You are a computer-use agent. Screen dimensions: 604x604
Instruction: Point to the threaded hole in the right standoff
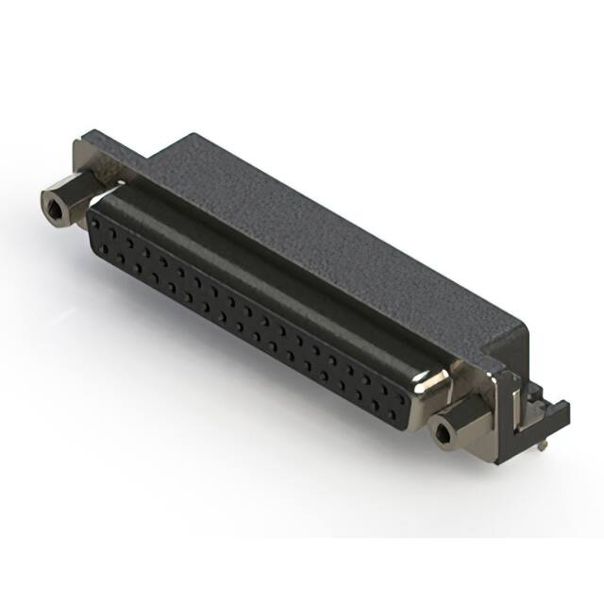pyautogui.click(x=442, y=433)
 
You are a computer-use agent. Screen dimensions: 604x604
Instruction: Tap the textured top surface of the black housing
pyautogui.click(x=311, y=226)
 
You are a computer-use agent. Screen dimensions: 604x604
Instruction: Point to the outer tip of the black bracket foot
pyautogui.click(x=563, y=409)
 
